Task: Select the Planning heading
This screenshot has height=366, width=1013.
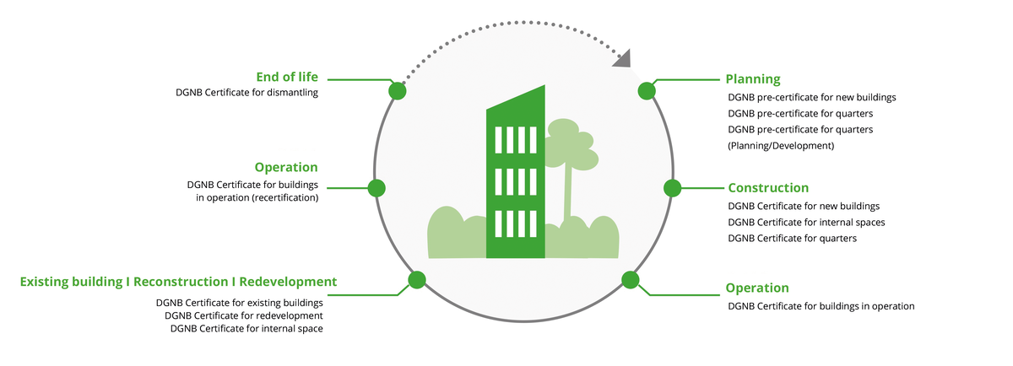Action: (x=753, y=79)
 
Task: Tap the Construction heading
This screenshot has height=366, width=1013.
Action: (x=768, y=188)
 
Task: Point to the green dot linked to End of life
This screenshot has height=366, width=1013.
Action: (x=397, y=91)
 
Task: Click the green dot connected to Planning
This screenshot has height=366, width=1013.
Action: (x=647, y=91)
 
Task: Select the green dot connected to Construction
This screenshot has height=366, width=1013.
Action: (x=672, y=188)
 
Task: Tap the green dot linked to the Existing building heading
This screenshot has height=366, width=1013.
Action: (x=417, y=280)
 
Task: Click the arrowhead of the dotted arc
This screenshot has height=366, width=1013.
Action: (x=623, y=58)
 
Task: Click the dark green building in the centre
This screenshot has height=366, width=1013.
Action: (x=515, y=181)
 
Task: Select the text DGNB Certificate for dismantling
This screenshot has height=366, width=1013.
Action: (x=245, y=93)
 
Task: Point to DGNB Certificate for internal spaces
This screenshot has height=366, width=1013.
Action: (x=806, y=222)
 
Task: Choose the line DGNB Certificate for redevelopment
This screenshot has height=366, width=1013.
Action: (x=244, y=315)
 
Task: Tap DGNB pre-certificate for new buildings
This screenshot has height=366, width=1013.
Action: (x=811, y=97)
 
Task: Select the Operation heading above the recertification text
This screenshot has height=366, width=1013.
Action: (x=286, y=167)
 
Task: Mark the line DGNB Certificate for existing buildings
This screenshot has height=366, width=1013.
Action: (x=240, y=302)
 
